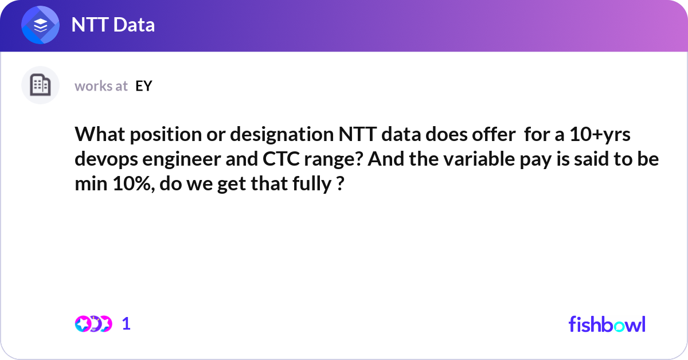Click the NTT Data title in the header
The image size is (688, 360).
[x=112, y=25]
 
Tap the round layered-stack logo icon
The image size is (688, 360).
[x=40, y=26]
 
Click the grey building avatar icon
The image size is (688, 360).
[x=40, y=85]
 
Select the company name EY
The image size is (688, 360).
[x=144, y=86]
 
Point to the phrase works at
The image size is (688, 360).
[x=101, y=86]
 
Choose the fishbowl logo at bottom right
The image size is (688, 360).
[x=607, y=324]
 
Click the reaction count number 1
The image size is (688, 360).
[x=126, y=324]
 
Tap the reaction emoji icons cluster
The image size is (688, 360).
[x=93, y=324]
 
